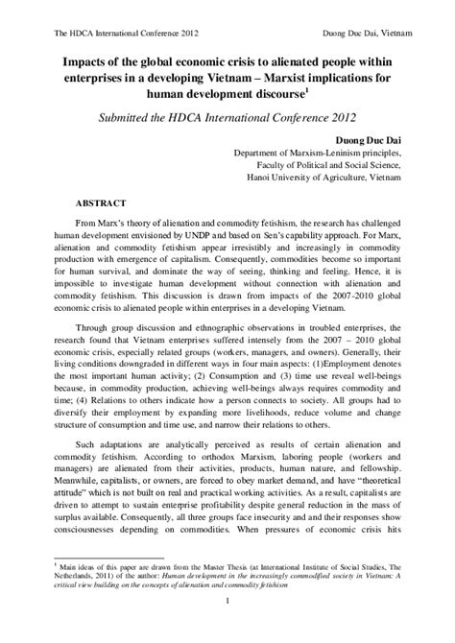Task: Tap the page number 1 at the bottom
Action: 227,628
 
